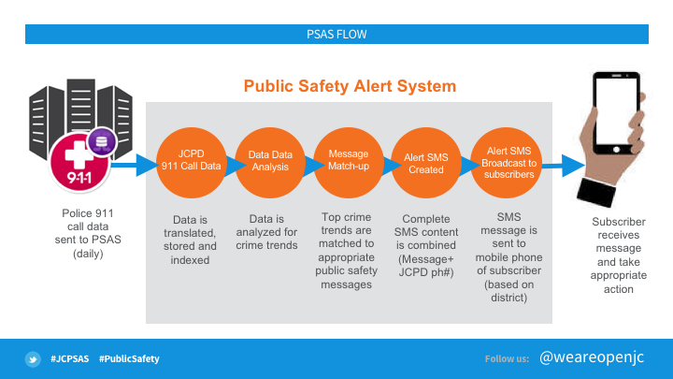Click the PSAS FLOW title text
pyautogui.click(x=336, y=35)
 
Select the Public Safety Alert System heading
pyautogui.click(x=350, y=86)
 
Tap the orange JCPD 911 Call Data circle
pyautogui.click(x=192, y=163)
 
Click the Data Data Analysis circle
pyautogui.click(x=270, y=163)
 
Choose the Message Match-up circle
pyautogui.click(x=349, y=163)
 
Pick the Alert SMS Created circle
pyautogui.click(x=426, y=163)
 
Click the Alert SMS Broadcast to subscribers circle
pyautogui.click(x=506, y=163)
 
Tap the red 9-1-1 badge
pyautogui.click(x=79, y=163)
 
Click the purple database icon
pyautogui.click(x=102, y=142)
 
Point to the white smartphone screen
pyautogui.click(x=616, y=111)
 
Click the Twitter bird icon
pyautogui.click(x=33, y=358)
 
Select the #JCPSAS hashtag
pyautogui.click(x=69, y=358)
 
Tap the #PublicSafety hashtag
pyautogui.click(x=129, y=358)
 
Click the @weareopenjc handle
pyautogui.click(x=592, y=357)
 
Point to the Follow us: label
pyautogui.click(x=507, y=358)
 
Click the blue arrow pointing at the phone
pyautogui.click(x=563, y=166)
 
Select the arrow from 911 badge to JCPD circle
pyautogui.click(x=135, y=165)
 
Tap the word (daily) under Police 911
pyautogui.click(x=88, y=254)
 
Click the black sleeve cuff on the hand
pyautogui.click(x=596, y=192)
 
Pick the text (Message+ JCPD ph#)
pyautogui.click(x=426, y=266)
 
